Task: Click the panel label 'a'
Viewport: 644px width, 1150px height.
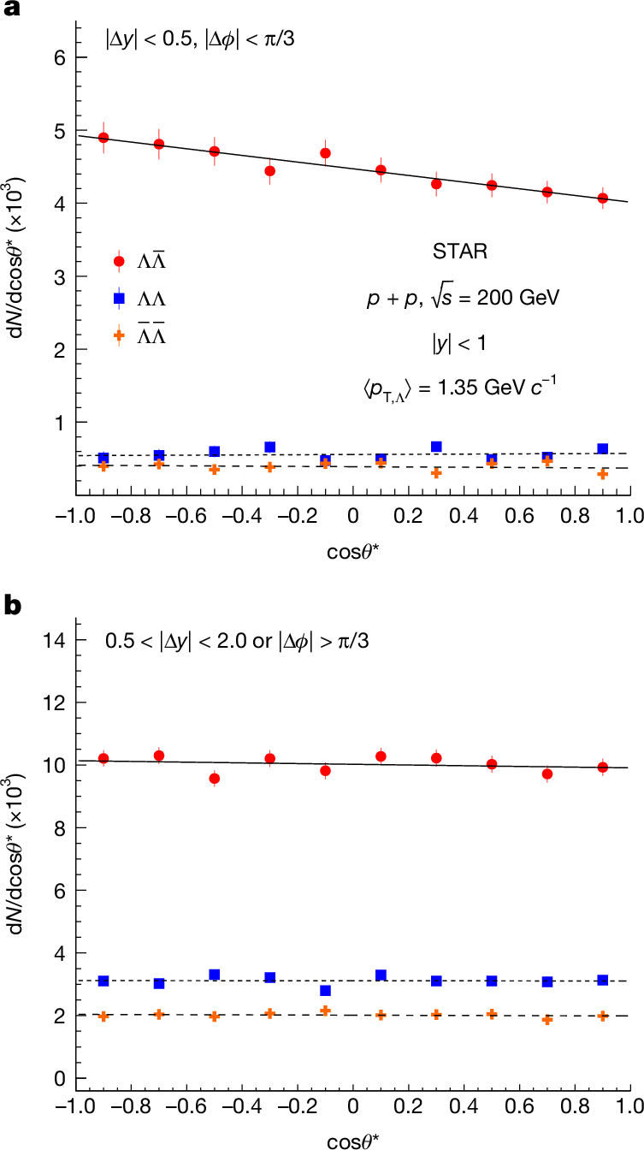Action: (x=11, y=11)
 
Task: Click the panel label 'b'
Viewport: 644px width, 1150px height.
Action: (x=12, y=605)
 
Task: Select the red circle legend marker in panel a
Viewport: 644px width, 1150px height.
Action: (x=119, y=261)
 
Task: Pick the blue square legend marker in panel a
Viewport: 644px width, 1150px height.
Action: (x=119, y=299)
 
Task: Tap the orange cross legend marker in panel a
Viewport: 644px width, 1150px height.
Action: (x=119, y=336)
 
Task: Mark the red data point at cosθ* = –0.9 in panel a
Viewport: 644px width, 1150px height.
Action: (x=103, y=138)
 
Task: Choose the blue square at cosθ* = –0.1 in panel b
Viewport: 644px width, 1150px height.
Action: (x=325, y=990)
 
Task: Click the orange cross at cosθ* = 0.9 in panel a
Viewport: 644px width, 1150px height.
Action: (x=603, y=474)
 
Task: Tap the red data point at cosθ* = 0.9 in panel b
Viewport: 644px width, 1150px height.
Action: (x=603, y=768)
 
